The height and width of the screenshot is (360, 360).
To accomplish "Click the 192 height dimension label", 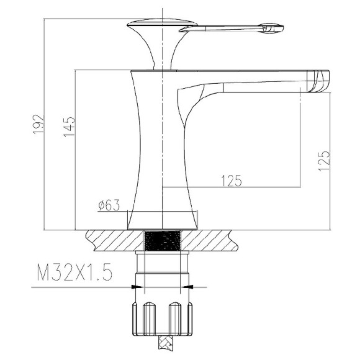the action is pyautogui.click(x=38, y=124).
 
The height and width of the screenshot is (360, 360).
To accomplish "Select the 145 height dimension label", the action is pyautogui.click(x=69, y=127).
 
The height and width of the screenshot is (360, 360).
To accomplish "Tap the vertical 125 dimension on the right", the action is pyautogui.click(x=324, y=161).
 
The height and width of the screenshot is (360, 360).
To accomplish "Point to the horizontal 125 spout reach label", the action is pyautogui.click(x=232, y=181).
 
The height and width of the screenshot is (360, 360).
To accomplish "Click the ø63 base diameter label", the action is pyautogui.click(x=109, y=205).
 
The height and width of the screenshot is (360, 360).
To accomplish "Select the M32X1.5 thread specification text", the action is pyautogui.click(x=74, y=272).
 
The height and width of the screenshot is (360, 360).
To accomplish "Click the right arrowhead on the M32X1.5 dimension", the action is pyautogui.click(x=187, y=287).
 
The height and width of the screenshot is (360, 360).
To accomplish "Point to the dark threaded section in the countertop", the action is pyautogui.click(x=162, y=240).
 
